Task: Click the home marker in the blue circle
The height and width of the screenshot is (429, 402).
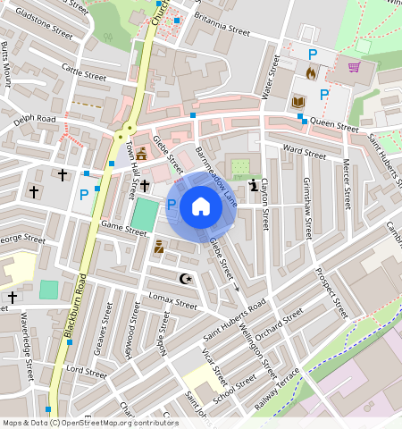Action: click(201, 207)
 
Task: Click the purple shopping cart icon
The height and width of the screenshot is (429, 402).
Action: click(354, 67)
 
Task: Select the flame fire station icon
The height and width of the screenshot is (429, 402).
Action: click(311, 74)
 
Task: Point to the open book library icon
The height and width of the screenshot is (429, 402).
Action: click(299, 104)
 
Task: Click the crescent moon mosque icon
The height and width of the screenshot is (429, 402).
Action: click(186, 280)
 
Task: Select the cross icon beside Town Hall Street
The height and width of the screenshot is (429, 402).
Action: click(144, 183)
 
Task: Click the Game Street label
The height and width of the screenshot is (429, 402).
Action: click(122, 229)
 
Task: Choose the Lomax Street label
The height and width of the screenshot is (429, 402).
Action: click(172, 304)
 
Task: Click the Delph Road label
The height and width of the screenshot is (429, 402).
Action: click(35, 118)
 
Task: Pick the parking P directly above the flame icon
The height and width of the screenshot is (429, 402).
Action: click(312, 55)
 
